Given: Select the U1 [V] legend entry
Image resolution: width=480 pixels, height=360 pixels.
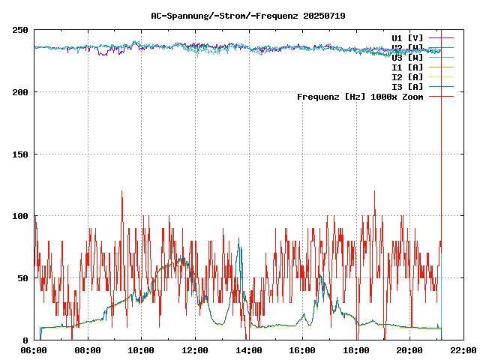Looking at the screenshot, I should point(407,37).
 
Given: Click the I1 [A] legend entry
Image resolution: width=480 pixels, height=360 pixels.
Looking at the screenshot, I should point(407,67).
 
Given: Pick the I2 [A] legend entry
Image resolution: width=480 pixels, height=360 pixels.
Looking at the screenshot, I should point(407,77).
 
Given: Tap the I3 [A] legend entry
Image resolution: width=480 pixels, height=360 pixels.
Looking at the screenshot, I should point(407,87).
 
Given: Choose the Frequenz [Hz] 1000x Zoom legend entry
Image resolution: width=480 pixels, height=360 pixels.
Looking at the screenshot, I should point(360,97).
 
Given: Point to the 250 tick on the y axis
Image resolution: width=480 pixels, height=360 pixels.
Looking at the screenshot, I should point(20,31).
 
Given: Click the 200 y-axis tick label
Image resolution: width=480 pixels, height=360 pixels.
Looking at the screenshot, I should point(20,92).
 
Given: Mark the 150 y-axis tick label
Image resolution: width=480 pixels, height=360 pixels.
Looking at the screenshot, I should point(20,154).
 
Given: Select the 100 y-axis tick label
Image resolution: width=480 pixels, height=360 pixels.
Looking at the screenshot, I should point(20,216).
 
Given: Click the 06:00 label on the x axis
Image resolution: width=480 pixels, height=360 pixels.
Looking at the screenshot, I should point(34,350).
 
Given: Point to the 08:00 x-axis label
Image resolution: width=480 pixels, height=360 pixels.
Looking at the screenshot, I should point(88,350).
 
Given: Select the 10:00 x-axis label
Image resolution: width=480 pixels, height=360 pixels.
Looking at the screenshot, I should point(142,350).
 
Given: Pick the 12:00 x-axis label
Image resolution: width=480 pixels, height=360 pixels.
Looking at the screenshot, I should point(195,350).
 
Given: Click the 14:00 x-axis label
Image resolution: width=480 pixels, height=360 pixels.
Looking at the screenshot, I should point(248,350).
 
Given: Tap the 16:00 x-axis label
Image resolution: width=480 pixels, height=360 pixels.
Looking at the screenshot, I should point(302,350).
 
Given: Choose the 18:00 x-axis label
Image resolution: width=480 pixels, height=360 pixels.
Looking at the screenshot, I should point(355,350).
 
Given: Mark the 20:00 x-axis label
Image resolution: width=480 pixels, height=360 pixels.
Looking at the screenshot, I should point(409,350).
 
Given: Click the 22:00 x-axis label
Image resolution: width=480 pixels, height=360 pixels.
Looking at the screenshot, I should point(463,350).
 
